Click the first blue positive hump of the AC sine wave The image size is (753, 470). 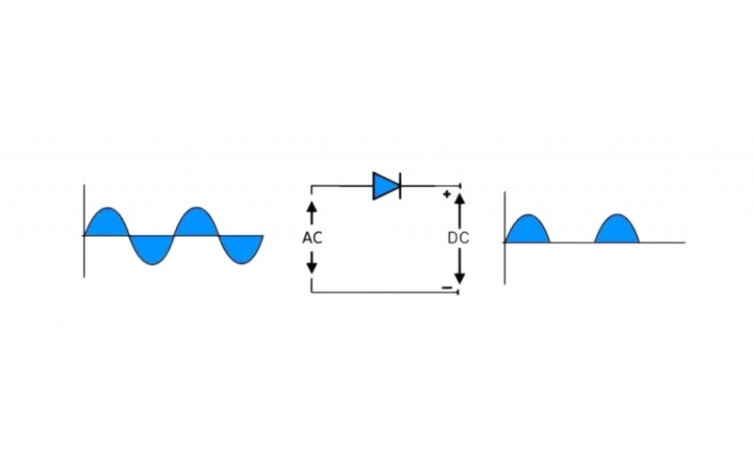click(106, 223)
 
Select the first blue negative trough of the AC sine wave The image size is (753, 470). click(151, 248)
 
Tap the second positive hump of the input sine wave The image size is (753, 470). click(196, 223)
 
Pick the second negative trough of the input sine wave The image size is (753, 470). click(241, 248)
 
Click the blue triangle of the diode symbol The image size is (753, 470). click(384, 186)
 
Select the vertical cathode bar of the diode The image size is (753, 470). click(400, 186)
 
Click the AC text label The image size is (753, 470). click(312, 238)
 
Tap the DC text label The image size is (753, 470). click(458, 238)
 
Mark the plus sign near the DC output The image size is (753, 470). click(446, 195)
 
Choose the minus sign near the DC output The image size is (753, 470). click(446, 286)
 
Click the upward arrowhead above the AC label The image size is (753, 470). click(312, 204)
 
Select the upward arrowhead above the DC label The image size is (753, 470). click(459, 199)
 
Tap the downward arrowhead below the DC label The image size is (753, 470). click(459, 277)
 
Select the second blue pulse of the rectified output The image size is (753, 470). click(617, 231)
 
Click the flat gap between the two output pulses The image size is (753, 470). click(572, 243)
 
